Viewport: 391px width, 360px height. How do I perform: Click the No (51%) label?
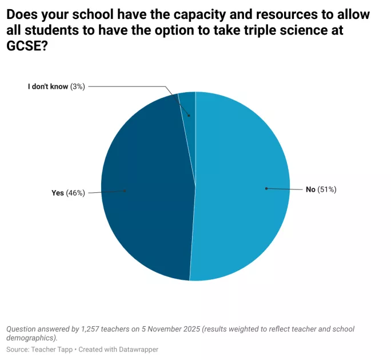click(x=321, y=189)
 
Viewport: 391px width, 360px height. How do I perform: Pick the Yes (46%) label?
click(x=68, y=193)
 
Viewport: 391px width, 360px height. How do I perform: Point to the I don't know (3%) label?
click(x=56, y=86)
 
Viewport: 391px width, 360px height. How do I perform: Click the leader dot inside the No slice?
click(x=266, y=188)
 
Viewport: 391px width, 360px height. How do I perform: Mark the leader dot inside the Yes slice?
click(x=125, y=191)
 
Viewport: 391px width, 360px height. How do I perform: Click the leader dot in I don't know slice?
click(x=189, y=115)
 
